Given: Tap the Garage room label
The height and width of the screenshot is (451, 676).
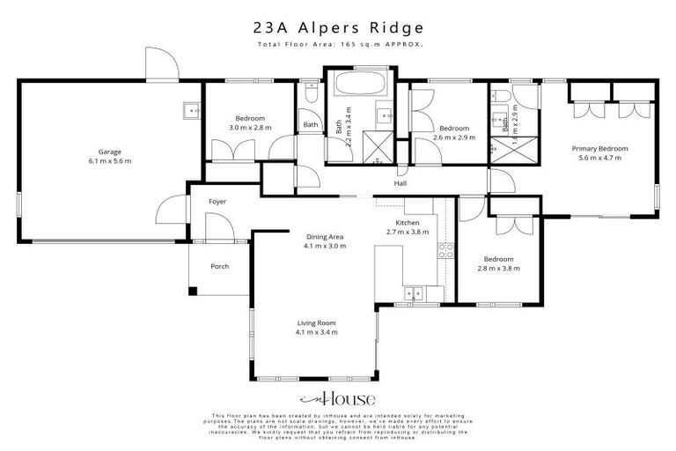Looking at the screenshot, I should click(x=110, y=152).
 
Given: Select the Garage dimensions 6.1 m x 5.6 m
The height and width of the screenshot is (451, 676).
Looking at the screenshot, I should click(x=110, y=161).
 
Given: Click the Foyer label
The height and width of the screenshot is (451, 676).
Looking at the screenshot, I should click(x=217, y=202).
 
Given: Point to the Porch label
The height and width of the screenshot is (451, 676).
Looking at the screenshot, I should click(x=218, y=266).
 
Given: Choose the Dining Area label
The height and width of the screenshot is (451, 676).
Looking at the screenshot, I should click(x=325, y=237).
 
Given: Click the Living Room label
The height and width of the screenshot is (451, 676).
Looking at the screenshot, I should click(x=317, y=323).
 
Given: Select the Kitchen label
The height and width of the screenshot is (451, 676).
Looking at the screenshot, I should click(x=408, y=223).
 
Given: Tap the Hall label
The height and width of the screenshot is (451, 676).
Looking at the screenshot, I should click(x=400, y=184).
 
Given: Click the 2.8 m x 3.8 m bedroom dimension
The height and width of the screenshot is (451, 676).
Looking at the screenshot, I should click(x=498, y=269).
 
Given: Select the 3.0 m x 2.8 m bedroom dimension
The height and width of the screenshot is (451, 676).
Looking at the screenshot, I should click(x=251, y=128).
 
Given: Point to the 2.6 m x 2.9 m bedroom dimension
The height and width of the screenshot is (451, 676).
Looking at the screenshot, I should click(x=454, y=137).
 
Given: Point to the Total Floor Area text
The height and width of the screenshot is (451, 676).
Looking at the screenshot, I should click(x=338, y=43).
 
